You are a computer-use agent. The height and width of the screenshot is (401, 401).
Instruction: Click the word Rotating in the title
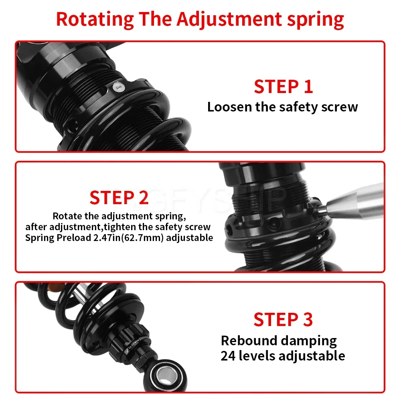95,19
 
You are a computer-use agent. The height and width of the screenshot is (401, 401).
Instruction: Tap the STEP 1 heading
283,87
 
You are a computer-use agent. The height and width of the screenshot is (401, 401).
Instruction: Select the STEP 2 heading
119,198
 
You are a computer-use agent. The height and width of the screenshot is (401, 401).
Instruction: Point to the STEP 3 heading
283,320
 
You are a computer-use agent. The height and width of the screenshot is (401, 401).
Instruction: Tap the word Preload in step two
65,238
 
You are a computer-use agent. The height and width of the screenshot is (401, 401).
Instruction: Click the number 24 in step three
229,356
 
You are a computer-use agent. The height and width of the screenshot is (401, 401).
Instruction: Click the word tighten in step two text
124,227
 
